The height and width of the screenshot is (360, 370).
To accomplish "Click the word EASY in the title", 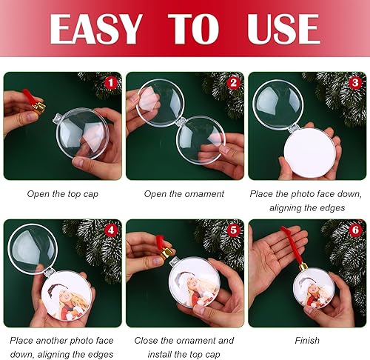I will [95, 29].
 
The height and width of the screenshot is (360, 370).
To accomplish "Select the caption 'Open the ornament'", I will [184, 194].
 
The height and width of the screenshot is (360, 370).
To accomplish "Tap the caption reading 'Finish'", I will [307, 341].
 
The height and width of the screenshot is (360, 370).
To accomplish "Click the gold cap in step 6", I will [303, 264].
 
